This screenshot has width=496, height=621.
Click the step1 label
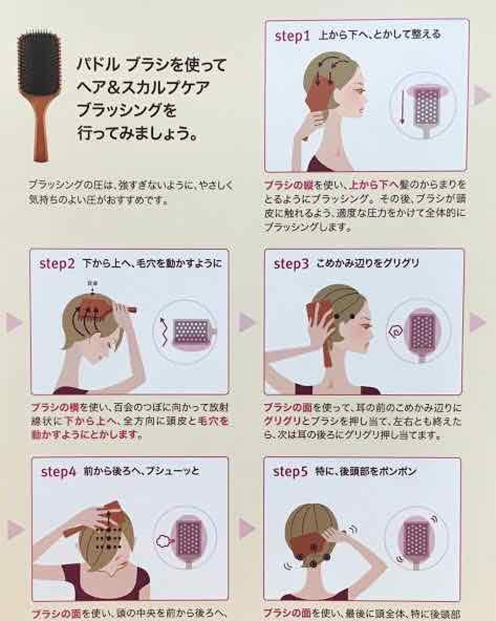[x=292, y=36]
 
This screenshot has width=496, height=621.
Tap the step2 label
[x=57, y=264]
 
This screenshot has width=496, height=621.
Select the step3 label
[x=291, y=264]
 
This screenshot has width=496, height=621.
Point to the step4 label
[x=59, y=471]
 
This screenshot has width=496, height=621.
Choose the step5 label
[x=290, y=471]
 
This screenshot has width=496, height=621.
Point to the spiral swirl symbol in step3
[x=395, y=332]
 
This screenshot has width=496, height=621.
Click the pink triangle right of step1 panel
[x=481, y=95]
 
